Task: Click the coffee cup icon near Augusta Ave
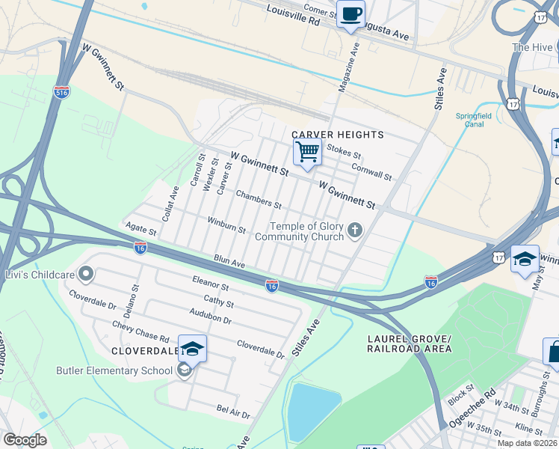tap(350, 13)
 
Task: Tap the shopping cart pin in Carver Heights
tap(307, 152)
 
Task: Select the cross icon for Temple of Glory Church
tap(355, 230)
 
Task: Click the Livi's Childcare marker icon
tap(86, 275)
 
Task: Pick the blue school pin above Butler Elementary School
tap(192, 349)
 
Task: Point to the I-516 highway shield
tap(62, 92)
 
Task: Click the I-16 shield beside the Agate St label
tap(140, 247)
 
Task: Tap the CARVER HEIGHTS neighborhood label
tap(338, 135)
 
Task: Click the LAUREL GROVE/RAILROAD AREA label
tap(410, 343)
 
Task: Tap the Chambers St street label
tap(259, 199)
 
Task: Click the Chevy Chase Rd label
tap(141, 329)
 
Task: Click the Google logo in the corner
tap(25, 440)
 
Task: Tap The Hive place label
tap(531, 47)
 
